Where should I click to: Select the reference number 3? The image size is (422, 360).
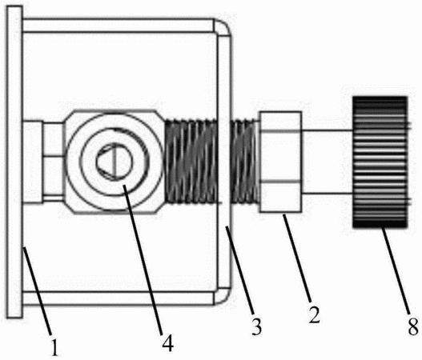tap(256, 326)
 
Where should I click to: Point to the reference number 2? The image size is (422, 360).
tap(315, 314)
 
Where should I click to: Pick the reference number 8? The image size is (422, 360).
tap(413, 326)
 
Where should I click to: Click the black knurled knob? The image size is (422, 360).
tap(380, 162)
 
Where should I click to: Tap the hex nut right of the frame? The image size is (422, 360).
tap(280, 162)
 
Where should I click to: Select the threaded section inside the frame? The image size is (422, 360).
tap(191, 161)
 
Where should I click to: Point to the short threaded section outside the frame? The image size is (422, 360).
tap(245, 161)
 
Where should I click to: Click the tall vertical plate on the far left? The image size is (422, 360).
tap(14, 162)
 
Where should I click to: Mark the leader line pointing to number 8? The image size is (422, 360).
tap(396, 271)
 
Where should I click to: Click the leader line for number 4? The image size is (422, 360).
tap(143, 260)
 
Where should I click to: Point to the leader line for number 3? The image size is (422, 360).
tap(239, 270)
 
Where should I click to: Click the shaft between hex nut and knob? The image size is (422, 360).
tap(327, 162)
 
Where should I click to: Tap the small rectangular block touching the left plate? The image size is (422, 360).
tap(33, 162)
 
